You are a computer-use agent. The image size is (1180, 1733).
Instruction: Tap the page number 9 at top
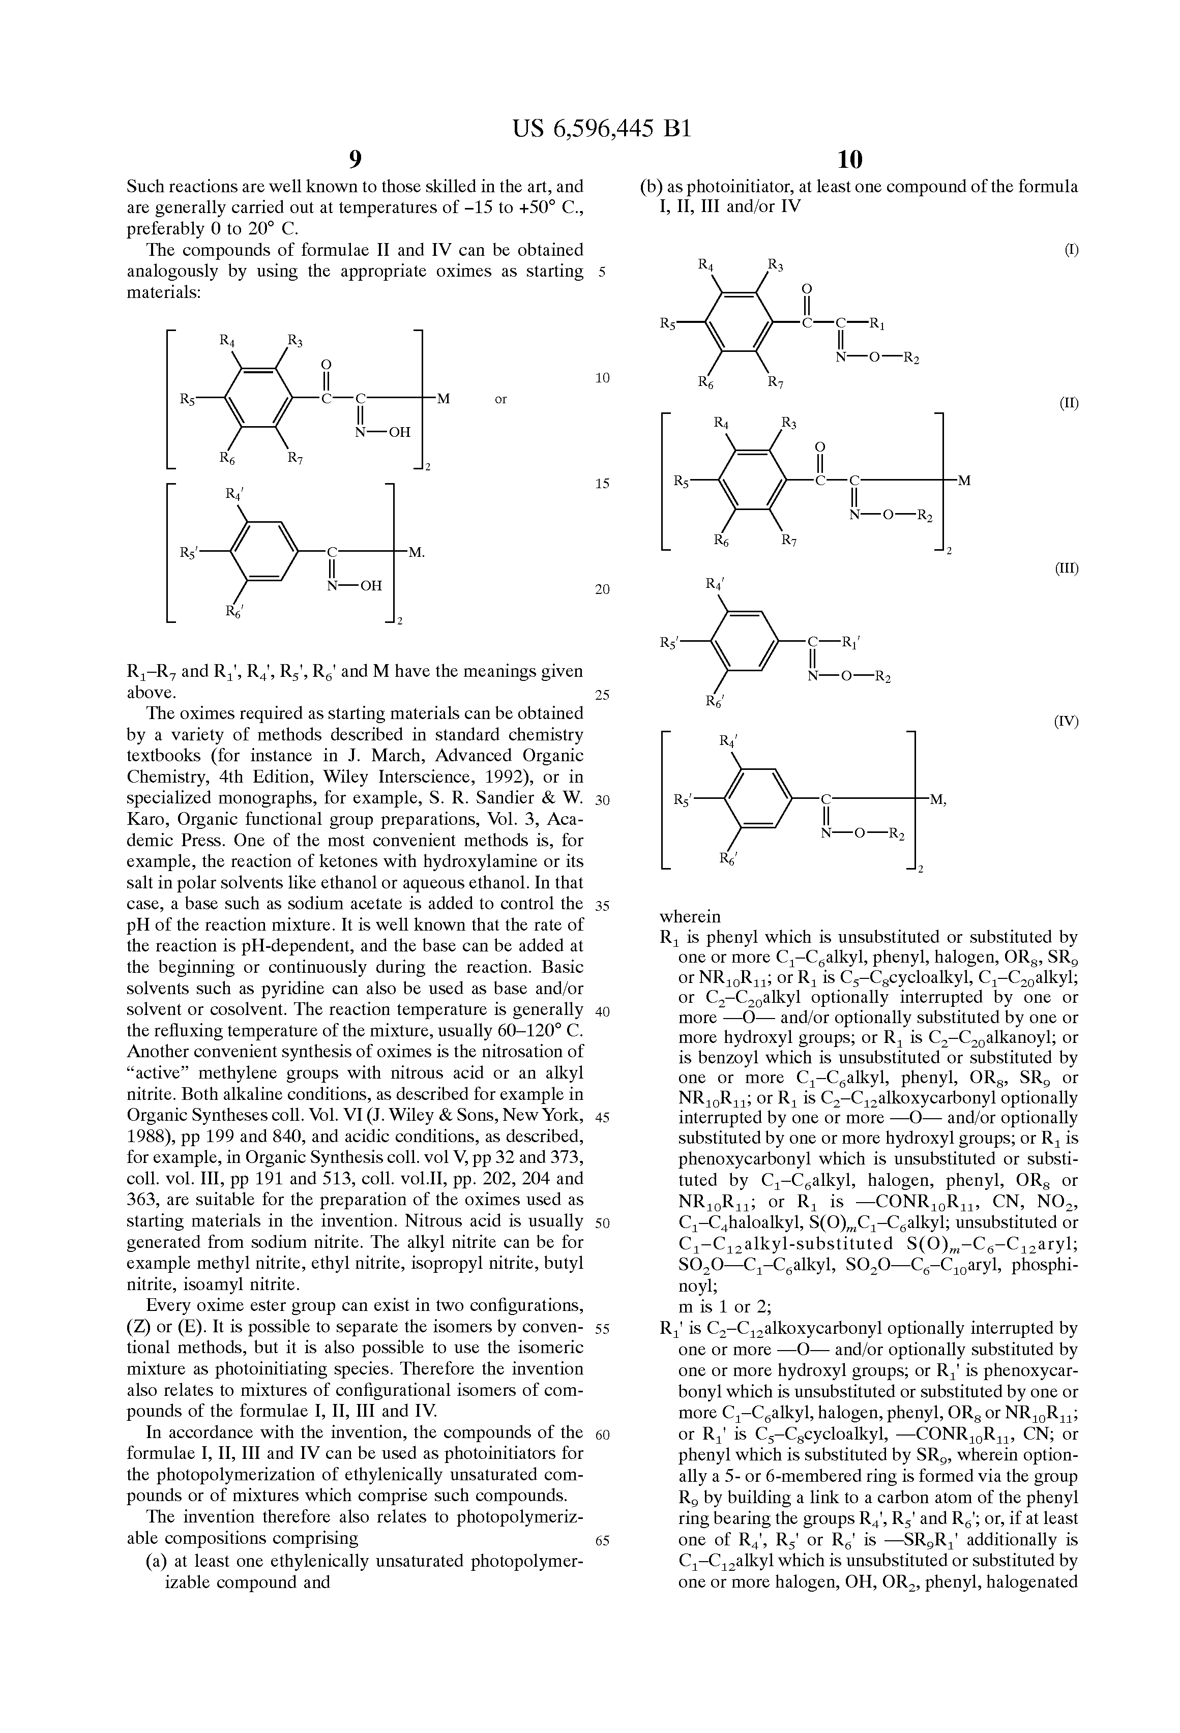[355, 159]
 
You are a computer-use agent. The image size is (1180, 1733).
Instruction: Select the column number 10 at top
[849, 159]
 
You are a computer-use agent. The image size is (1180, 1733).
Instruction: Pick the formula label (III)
[1067, 568]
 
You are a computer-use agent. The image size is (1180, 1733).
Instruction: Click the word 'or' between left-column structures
[500, 400]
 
